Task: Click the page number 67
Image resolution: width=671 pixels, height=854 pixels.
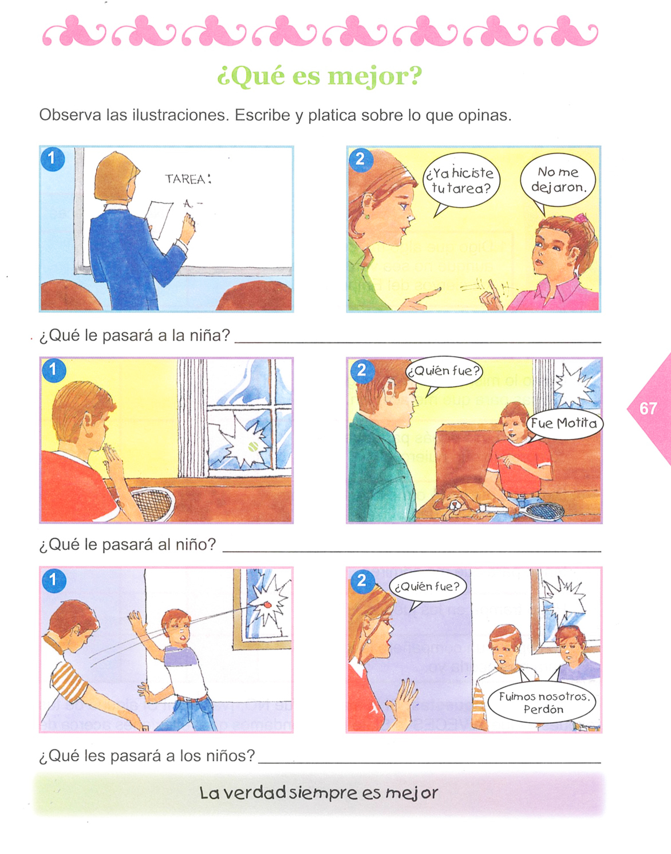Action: point(648,409)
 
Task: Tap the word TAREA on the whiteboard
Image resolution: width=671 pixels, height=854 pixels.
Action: point(185,179)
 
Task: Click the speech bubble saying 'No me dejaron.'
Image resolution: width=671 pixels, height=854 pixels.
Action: point(558,180)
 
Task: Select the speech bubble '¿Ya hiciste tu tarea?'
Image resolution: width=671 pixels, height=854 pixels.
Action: point(460,182)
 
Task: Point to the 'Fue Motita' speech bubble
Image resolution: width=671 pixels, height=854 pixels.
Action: point(564,424)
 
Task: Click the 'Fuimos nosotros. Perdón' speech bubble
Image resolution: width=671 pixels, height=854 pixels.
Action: point(543,703)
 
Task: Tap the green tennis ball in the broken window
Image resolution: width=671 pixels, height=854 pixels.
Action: point(252,446)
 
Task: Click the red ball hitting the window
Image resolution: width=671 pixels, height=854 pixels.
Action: point(267,605)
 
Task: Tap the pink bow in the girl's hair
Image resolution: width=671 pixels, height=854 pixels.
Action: point(579,217)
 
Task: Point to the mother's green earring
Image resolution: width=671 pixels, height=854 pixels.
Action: point(367,216)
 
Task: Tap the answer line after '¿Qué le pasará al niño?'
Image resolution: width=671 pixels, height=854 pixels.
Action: point(412,552)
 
